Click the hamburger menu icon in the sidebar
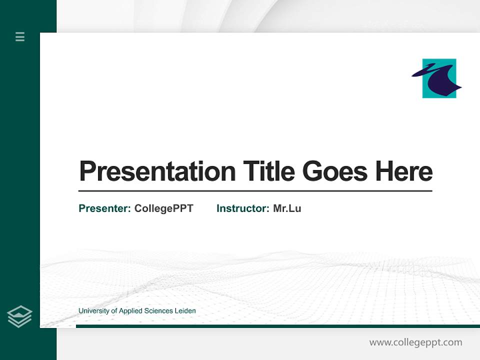click(20, 36)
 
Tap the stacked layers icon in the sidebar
click(19, 316)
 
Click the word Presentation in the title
click(157, 171)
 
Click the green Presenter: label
click(104, 208)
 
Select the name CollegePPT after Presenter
click(163, 208)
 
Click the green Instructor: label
click(242, 208)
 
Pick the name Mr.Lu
click(287, 208)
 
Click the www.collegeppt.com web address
click(415, 342)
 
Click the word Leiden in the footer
click(185, 311)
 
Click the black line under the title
click(255, 191)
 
